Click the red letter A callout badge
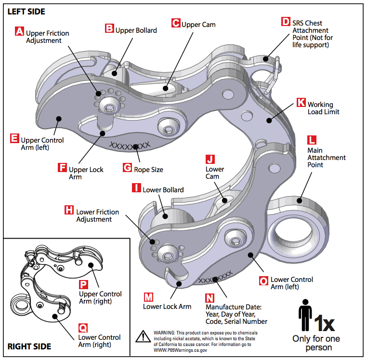tap(20, 32)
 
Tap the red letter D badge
tap(286, 22)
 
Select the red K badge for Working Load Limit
tap(301, 103)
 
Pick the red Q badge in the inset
tap(83, 328)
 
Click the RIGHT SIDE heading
tap(29, 347)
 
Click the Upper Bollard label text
tap(136, 30)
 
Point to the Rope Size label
tap(148, 169)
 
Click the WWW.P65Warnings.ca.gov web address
tap(180, 350)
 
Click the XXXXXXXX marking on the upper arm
tap(130, 145)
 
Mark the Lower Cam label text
tap(215, 173)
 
